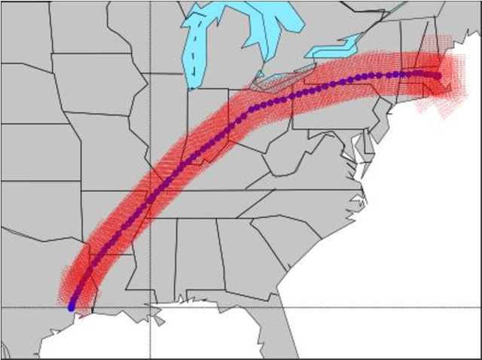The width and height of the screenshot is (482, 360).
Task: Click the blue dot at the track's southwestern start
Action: pos(72,307)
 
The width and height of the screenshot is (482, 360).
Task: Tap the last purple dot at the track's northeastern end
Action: pos(438,75)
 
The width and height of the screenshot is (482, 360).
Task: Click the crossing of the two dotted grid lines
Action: pos(150,307)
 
